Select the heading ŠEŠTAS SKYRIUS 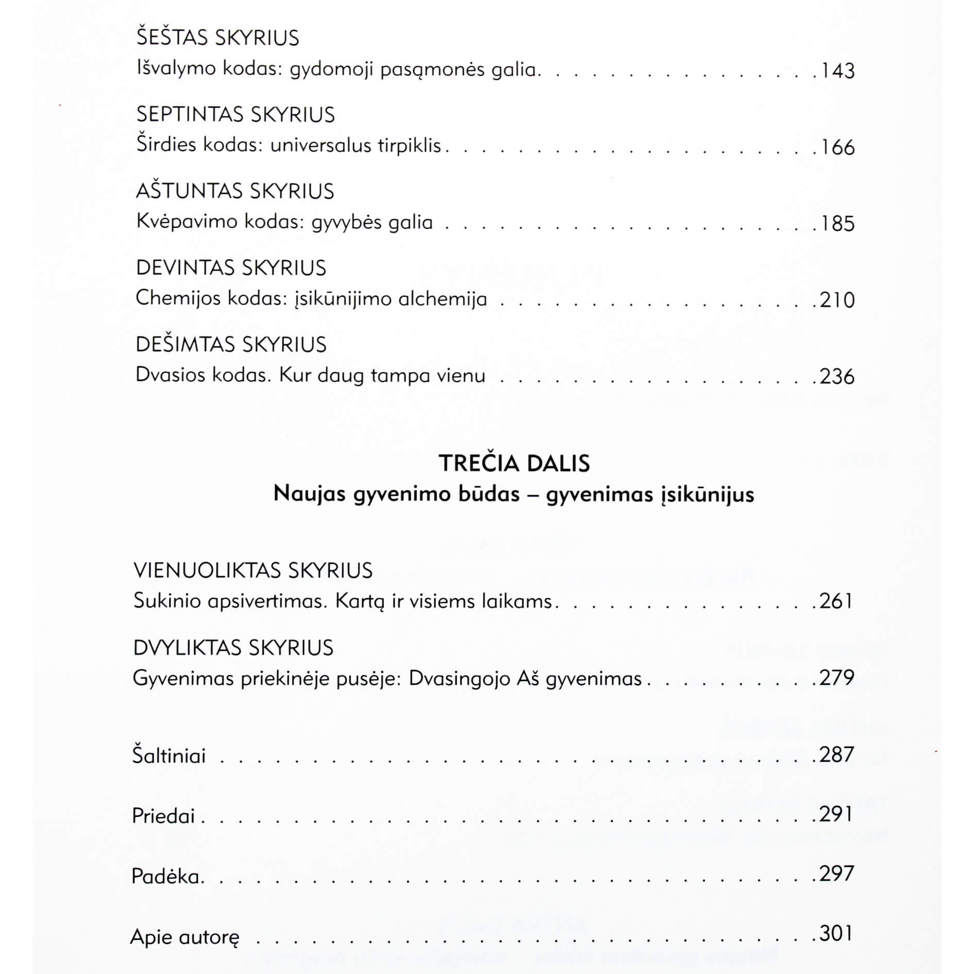point(217,38)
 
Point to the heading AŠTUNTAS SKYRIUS point(235,191)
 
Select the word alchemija point(443,299)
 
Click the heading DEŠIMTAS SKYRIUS point(231,345)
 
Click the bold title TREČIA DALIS point(514,463)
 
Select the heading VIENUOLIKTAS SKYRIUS point(253,570)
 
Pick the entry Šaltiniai point(169,756)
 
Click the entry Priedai point(163,816)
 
